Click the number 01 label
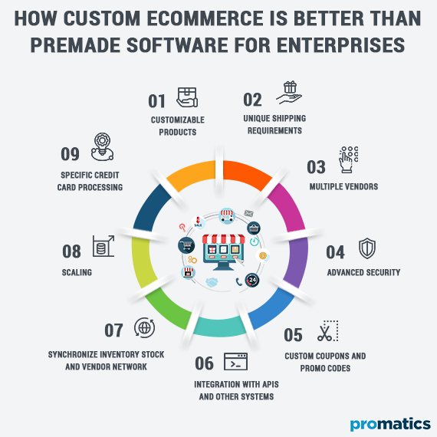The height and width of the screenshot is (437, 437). click(x=157, y=100)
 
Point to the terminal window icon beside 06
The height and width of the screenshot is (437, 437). click(x=234, y=360)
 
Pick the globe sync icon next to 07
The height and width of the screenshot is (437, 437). click(x=143, y=327)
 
